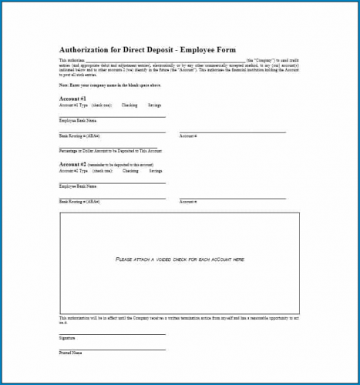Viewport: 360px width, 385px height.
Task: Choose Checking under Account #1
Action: point(130,105)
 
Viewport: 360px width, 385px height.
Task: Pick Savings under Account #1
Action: point(156,105)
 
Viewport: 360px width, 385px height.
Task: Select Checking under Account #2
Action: point(130,170)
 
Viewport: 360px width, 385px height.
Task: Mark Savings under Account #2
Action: point(156,170)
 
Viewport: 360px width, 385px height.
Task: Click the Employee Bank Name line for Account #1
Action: point(112,116)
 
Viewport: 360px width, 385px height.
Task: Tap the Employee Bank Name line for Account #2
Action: point(112,182)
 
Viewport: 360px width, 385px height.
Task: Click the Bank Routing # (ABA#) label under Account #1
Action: point(79,136)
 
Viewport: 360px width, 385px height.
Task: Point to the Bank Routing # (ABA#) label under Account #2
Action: point(79,201)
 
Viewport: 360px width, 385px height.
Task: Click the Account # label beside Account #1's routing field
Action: point(188,136)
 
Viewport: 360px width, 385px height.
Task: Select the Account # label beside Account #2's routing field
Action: point(188,201)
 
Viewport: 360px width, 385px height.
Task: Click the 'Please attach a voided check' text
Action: point(180,259)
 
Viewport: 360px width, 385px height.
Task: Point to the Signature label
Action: point(67,338)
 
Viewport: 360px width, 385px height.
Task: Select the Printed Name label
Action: point(70,353)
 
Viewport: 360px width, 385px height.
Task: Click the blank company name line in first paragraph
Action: point(165,59)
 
